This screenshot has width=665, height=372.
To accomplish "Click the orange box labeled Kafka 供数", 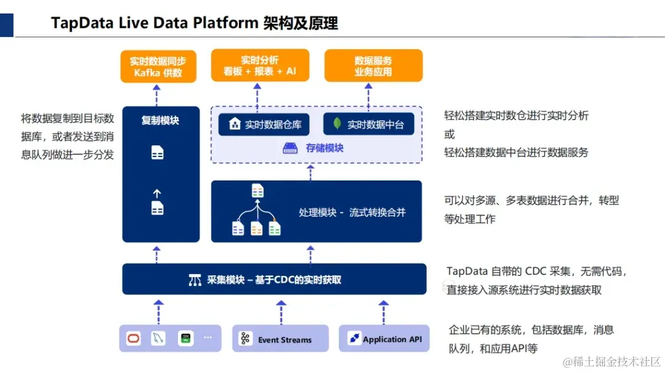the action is click(x=158, y=66).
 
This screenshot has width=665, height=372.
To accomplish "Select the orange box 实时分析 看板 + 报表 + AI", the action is click(x=260, y=65).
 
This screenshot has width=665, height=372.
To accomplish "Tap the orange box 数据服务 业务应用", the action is click(x=373, y=65).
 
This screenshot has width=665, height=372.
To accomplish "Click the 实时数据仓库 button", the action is click(x=264, y=124).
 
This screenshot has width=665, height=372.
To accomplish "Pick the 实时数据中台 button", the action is click(x=369, y=124).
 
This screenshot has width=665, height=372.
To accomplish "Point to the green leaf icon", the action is click(x=337, y=123).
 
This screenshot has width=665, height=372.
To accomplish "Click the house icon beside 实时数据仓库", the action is click(x=235, y=124).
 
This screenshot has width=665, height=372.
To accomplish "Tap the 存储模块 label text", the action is click(x=324, y=148).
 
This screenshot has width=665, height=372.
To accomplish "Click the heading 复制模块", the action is click(x=160, y=121).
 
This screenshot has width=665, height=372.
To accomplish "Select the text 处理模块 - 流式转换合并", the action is click(x=352, y=212).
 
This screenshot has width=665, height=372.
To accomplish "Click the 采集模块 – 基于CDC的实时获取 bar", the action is click(x=275, y=279).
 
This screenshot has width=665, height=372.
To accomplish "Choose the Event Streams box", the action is click(x=280, y=339).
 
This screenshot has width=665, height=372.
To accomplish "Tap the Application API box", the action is click(x=384, y=339).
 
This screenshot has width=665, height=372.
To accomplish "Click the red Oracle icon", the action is click(x=134, y=339).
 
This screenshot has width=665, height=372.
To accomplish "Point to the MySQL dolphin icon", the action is click(x=158, y=338).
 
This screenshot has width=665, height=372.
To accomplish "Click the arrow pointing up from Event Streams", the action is click(x=281, y=312).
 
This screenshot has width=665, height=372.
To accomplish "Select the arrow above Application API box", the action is click(x=384, y=312).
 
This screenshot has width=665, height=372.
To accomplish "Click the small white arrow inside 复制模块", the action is click(x=157, y=194).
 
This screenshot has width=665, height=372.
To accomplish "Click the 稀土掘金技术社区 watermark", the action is click(x=611, y=362).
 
